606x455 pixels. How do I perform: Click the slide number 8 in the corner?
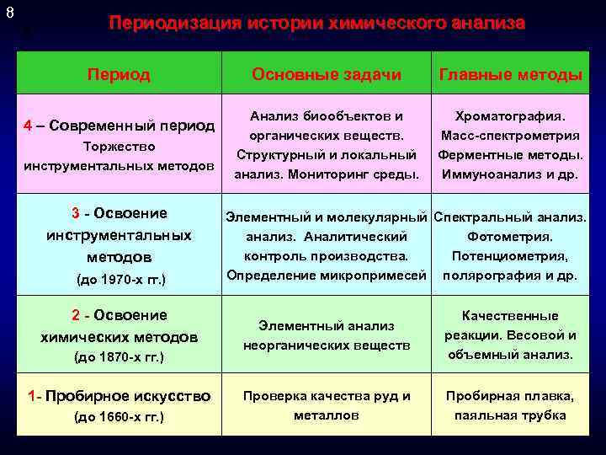pyautogui.click(x=10, y=13)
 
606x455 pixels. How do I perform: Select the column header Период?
pyautogui.click(x=119, y=75)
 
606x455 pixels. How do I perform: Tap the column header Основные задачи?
pyautogui.click(x=327, y=75)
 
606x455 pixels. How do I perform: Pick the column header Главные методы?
pyautogui.click(x=511, y=75)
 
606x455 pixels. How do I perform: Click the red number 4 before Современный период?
pyautogui.click(x=28, y=126)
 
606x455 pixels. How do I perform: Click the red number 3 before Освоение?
pyautogui.click(x=76, y=212)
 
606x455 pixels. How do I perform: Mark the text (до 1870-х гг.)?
pyautogui.click(x=119, y=357)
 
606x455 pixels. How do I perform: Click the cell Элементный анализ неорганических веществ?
pyautogui.click(x=327, y=335)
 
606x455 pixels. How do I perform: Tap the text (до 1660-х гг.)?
pyautogui.click(x=119, y=418)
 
